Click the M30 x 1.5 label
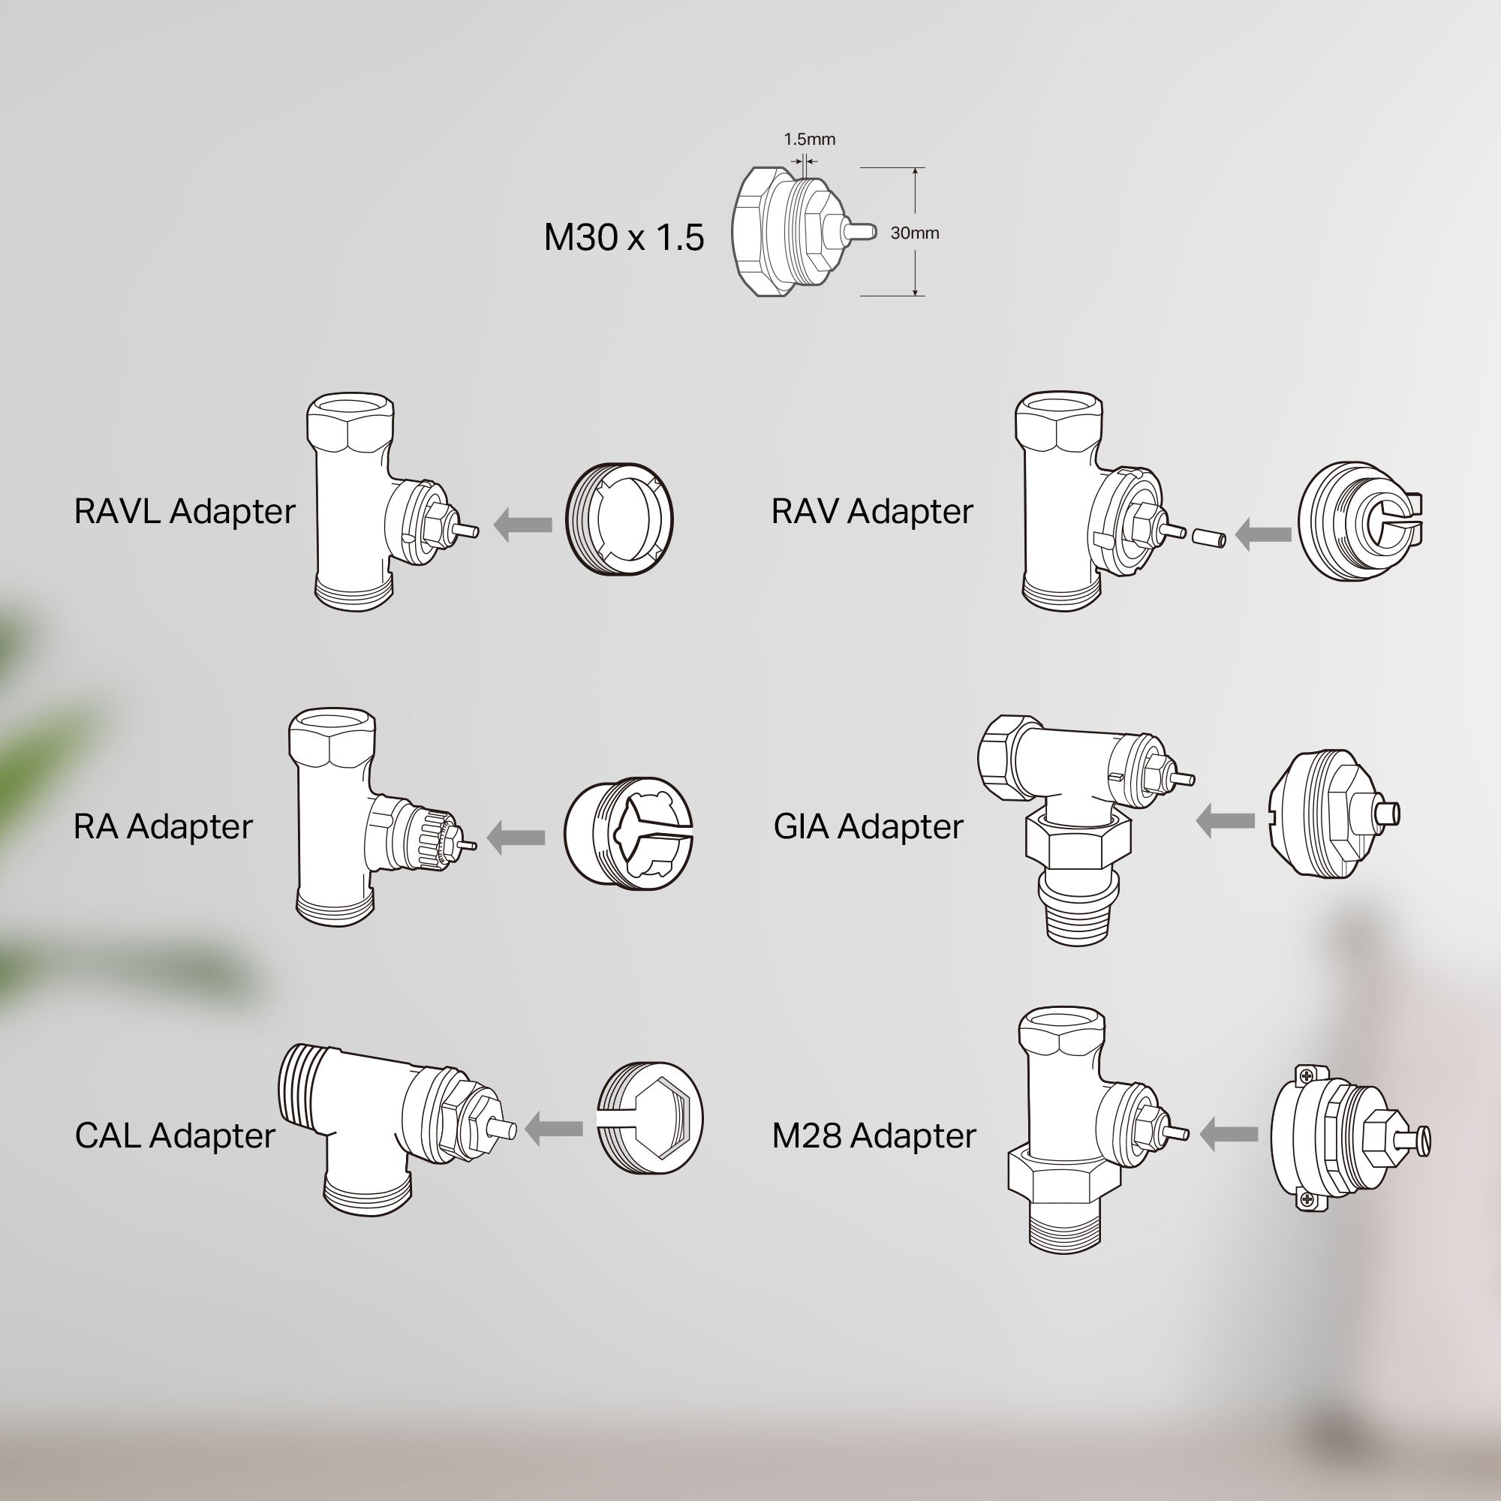(x=624, y=237)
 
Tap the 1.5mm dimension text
(x=809, y=139)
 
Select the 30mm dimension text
(x=914, y=233)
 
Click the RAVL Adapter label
(x=185, y=511)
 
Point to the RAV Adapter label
(x=871, y=511)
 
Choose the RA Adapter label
(x=163, y=826)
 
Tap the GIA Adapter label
(x=868, y=826)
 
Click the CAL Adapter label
(x=175, y=1136)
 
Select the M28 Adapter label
(x=874, y=1136)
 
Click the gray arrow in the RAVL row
(x=523, y=525)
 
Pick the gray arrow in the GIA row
(x=1226, y=820)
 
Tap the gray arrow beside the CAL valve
(x=554, y=1129)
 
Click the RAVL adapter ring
(x=619, y=519)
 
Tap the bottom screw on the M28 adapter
(x=1307, y=1200)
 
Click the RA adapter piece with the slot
(x=627, y=832)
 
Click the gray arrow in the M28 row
(x=1229, y=1135)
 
